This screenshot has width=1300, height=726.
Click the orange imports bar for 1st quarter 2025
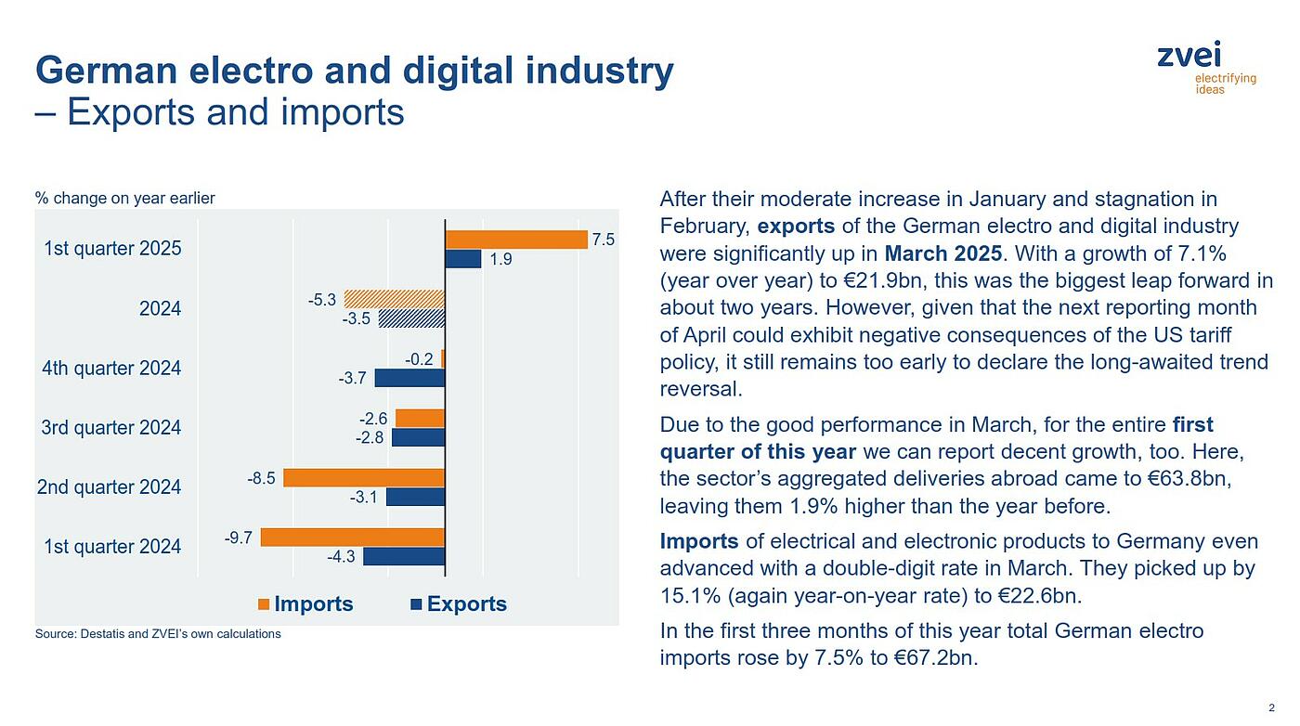click(516, 240)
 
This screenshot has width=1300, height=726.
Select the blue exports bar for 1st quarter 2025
click(462, 259)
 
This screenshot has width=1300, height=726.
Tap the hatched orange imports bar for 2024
click(395, 299)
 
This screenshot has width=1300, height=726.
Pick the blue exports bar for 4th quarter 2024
click(409, 378)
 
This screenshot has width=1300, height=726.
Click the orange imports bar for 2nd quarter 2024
click(364, 477)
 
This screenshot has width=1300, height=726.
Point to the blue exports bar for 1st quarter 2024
click(404, 556)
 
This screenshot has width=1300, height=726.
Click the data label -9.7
click(239, 538)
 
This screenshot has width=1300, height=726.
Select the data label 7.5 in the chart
click(604, 240)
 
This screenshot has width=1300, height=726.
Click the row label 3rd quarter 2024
click(110, 428)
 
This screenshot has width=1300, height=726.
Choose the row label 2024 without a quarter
click(160, 308)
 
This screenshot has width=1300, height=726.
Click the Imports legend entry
click(305, 604)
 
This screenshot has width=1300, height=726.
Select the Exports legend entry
click(459, 604)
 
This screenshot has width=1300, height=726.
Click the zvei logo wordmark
click(1189, 55)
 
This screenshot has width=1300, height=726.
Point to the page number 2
click(1271, 707)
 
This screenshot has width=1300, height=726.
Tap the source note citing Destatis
click(158, 634)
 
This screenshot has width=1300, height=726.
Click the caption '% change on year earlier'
click(124, 198)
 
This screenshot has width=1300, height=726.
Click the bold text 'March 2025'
click(942, 253)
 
